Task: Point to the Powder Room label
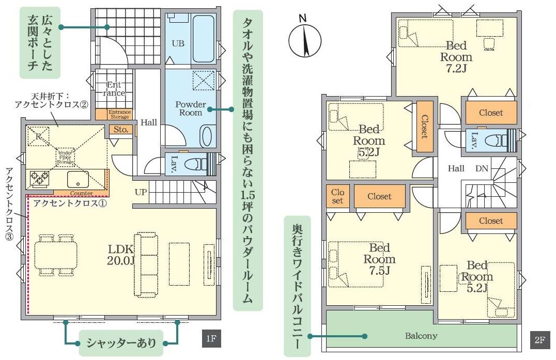point(191,108)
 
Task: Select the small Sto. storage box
point(120,130)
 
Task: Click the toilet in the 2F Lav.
point(493,139)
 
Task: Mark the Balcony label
point(421,336)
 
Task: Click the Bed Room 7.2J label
point(456,56)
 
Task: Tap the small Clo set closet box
point(337,196)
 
